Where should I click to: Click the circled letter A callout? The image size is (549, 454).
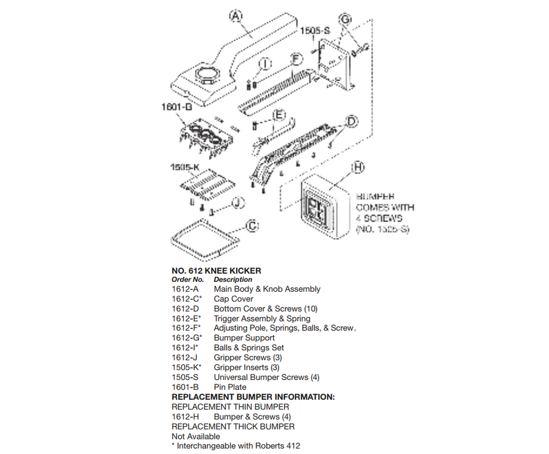click(235, 16)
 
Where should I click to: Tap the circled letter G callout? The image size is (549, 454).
click(346, 20)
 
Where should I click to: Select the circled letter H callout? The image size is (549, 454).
click(358, 167)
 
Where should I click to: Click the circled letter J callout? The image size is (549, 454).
click(237, 203)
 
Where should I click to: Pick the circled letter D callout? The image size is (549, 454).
click(351, 121)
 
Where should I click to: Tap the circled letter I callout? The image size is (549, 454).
click(265, 64)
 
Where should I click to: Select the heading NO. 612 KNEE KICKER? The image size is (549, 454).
click(216, 271)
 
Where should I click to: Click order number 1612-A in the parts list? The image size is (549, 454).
click(185, 289)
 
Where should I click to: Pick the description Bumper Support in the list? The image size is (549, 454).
click(244, 338)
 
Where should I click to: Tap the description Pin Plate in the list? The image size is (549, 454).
click(230, 387)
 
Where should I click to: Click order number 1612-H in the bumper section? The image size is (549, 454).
click(185, 417)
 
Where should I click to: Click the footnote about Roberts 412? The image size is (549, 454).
click(236, 446)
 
